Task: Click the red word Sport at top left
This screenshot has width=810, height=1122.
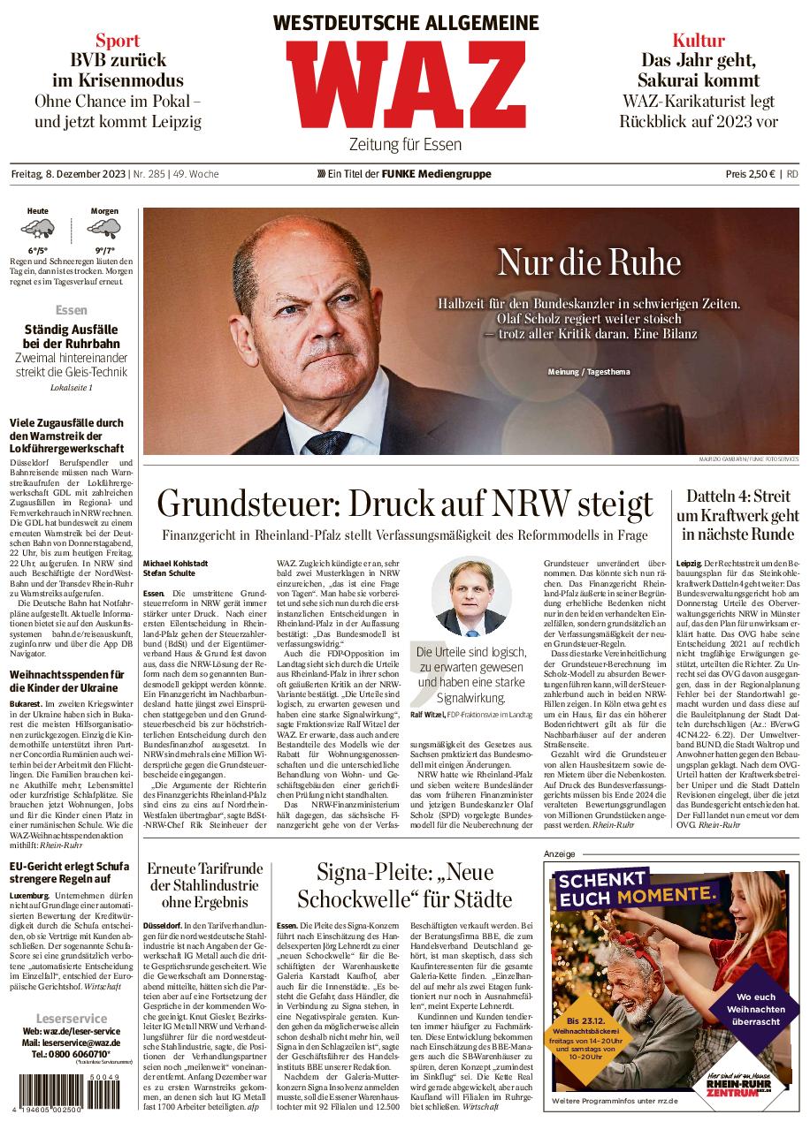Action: (x=118, y=40)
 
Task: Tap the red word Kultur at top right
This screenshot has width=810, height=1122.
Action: (x=698, y=40)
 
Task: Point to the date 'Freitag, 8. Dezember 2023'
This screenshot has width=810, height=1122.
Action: (x=67, y=174)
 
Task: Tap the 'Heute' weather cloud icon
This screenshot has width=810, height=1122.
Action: (x=38, y=231)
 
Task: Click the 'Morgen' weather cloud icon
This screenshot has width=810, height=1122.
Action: (x=105, y=231)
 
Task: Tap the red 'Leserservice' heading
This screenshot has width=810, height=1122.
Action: (x=72, y=1019)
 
